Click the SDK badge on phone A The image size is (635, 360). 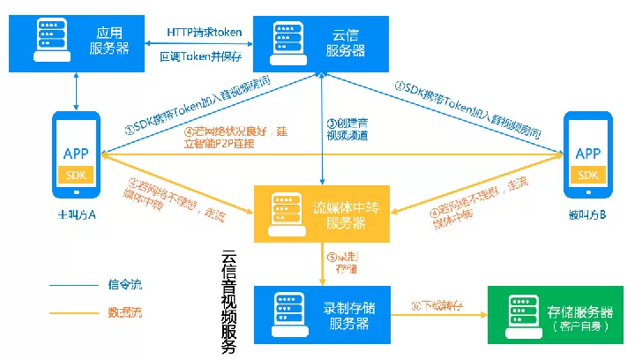point(75,173)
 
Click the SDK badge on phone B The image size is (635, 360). point(587,174)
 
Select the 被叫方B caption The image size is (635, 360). point(586,214)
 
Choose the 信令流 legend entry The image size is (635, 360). point(124,284)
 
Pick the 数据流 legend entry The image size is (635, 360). point(124,311)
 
